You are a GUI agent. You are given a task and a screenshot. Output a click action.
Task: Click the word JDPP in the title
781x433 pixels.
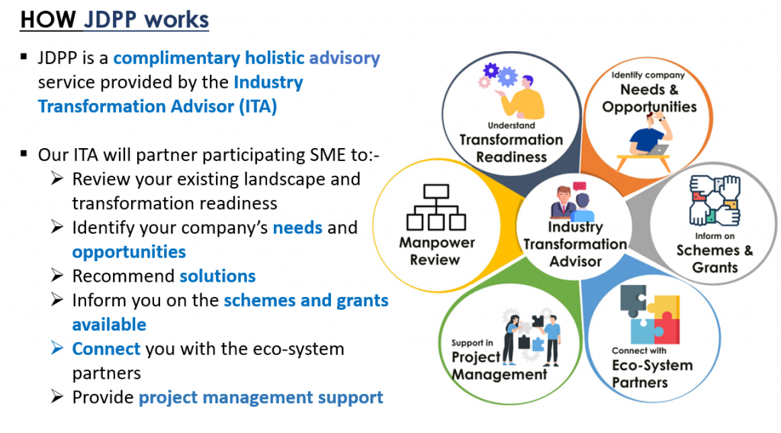(110, 20)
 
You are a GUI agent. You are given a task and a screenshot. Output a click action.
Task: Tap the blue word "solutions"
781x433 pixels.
(217, 276)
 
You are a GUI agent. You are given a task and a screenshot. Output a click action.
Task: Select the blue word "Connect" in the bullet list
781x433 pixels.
(106, 349)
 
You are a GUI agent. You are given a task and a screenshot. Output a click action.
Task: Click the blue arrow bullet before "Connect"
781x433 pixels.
(57, 347)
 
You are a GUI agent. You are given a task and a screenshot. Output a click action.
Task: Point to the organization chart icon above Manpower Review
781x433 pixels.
(435, 207)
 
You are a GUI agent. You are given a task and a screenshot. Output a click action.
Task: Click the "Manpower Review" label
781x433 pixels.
(436, 251)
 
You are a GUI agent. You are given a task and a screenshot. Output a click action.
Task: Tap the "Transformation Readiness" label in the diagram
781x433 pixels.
(511, 148)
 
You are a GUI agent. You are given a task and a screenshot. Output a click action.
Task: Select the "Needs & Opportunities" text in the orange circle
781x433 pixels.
(649, 98)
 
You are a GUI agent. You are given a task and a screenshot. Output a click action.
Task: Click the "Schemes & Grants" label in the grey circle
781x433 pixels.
(714, 258)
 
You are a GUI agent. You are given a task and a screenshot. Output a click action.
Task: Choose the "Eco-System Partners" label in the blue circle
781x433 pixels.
(652, 373)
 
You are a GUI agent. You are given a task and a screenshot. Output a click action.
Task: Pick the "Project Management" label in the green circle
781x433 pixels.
(499, 366)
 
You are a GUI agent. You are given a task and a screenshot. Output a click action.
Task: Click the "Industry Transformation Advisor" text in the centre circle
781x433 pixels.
(575, 244)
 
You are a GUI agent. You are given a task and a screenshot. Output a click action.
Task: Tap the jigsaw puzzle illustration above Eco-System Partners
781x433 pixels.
(650, 315)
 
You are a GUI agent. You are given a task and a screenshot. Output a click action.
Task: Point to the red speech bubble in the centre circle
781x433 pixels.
(580, 187)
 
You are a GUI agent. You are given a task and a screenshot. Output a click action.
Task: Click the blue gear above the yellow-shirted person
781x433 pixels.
(507, 77)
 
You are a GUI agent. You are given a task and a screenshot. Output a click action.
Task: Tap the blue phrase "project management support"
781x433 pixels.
(261, 398)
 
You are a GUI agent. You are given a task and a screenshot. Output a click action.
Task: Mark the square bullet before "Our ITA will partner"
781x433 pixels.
(24, 153)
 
